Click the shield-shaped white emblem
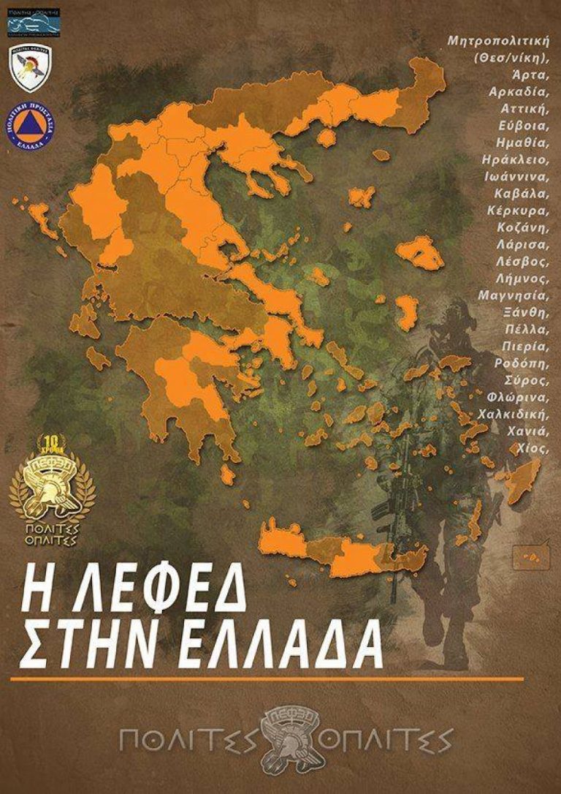pos(30,67)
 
